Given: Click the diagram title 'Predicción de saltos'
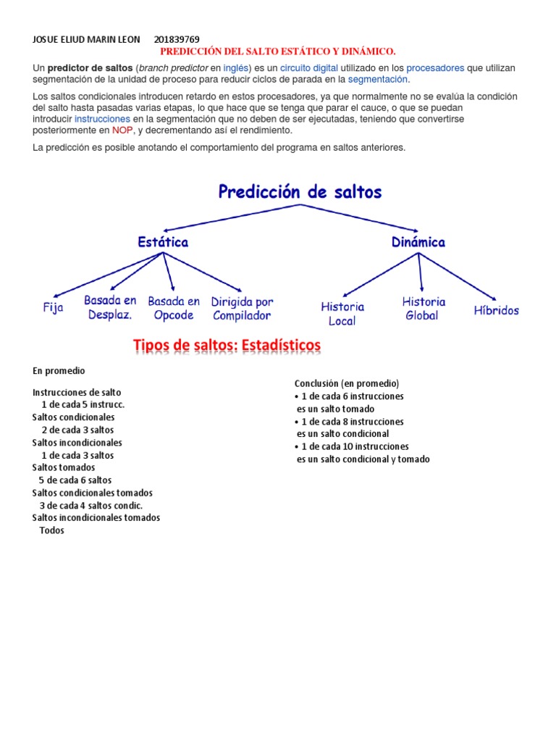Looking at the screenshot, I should [x=300, y=192].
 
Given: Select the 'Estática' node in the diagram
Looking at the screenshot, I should [x=163, y=242].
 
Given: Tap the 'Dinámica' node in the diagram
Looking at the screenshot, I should [x=418, y=242].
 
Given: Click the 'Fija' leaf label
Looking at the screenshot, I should [x=53, y=308].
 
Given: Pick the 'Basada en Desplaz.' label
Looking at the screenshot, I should [x=109, y=307].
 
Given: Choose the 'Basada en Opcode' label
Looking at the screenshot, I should [x=174, y=308].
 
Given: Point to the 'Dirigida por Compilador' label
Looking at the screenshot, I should [x=242, y=308].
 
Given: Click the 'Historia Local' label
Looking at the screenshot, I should [x=342, y=314].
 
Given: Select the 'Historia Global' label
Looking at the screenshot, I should [x=424, y=308].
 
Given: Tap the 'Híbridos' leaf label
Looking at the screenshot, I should [x=497, y=310].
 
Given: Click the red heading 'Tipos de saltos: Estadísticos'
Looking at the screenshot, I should [x=227, y=346].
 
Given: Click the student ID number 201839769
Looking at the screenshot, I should [x=177, y=39].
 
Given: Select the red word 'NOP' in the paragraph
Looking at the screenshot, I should [x=122, y=130].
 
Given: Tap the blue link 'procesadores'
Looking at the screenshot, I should [x=434, y=68].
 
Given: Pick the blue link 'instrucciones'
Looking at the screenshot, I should [x=102, y=119].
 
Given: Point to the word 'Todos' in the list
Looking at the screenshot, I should [x=51, y=530].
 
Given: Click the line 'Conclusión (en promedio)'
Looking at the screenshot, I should [x=347, y=383].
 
